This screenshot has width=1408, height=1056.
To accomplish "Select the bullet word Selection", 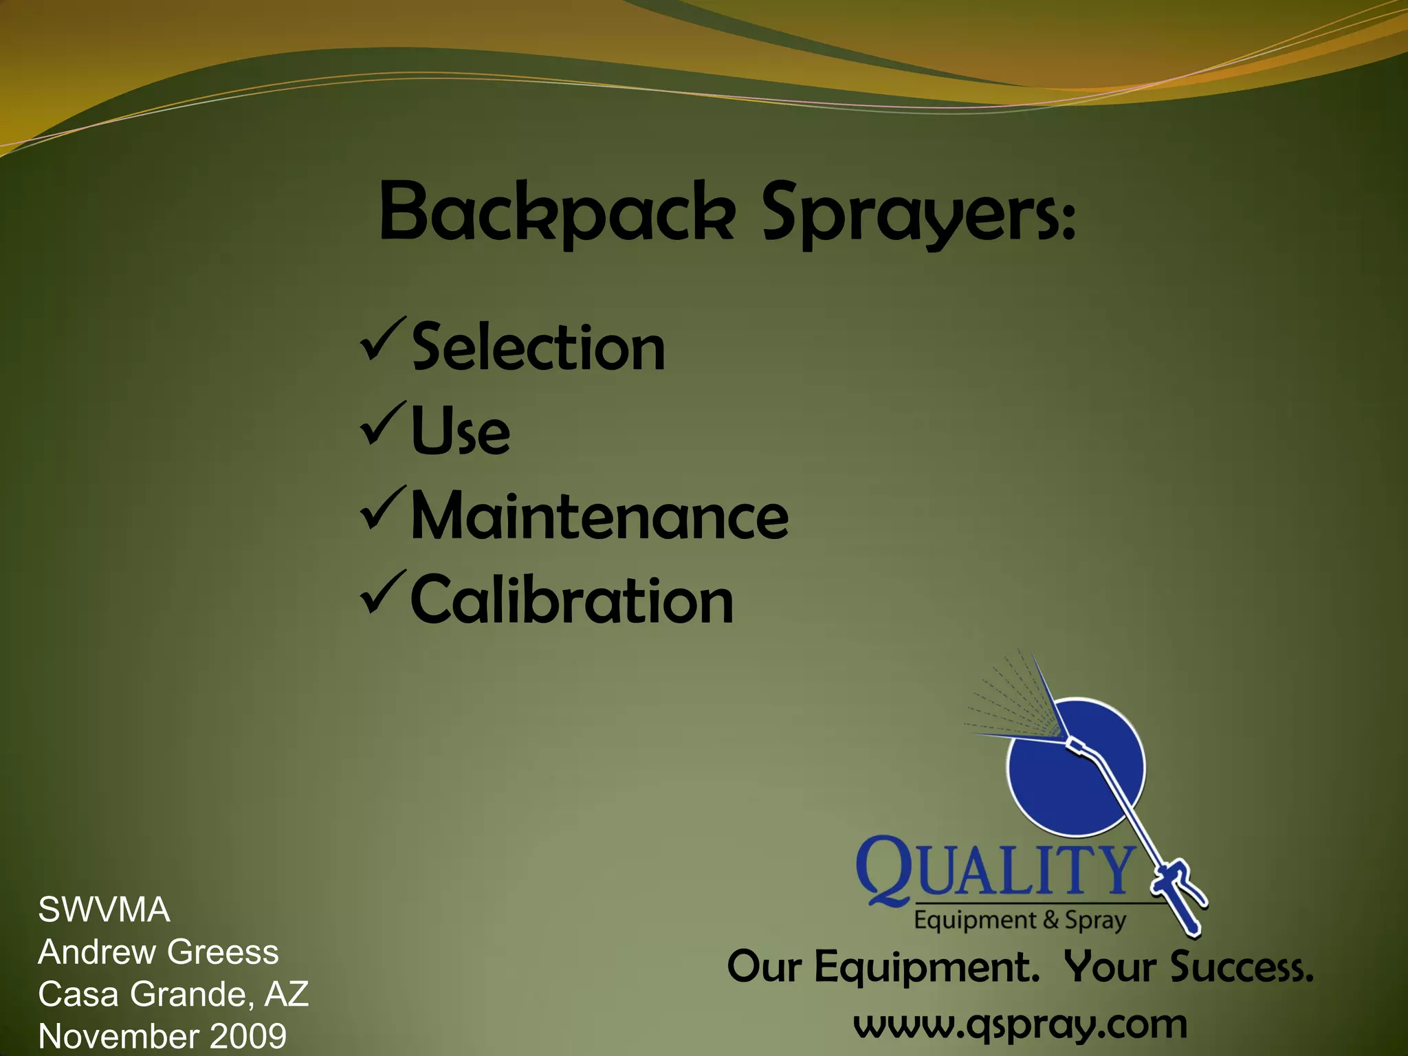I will pyautogui.click(x=538, y=348).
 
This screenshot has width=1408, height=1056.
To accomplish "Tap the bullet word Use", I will pyautogui.click(x=461, y=432).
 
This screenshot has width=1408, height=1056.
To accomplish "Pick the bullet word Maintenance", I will pyautogui.click(x=599, y=516).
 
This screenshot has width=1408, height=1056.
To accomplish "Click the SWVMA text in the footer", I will pyautogui.click(x=104, y=910).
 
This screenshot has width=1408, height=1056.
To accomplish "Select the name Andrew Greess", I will pyautogui.click(x=158, y=952).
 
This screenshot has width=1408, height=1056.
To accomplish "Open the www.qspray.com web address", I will pyautogui.click(x=1020, y=1026).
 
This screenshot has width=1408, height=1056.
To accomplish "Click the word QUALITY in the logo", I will pyautogui.click(x=995, y=869).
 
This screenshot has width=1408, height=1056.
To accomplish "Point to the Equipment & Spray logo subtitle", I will pyautogui.click(x=1020, y=920).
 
